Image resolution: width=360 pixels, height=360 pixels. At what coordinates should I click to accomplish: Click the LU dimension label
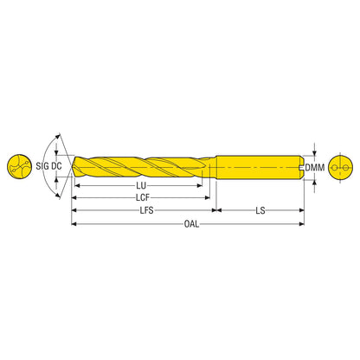(141, 185)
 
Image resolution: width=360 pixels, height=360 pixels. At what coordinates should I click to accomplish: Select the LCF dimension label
(143, 197)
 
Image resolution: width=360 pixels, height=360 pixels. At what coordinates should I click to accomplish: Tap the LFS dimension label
(146, 210)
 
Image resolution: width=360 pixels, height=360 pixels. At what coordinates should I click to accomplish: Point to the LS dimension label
(260, 210)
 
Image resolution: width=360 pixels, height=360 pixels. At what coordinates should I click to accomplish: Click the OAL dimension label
(191, 223)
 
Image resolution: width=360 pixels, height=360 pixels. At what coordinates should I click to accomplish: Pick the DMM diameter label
(315, 167)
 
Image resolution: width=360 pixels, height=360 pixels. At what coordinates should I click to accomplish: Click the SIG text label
(42, 166)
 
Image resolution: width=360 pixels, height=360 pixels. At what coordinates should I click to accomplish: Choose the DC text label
(56, 166)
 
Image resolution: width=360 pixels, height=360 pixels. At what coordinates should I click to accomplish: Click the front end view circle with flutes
(19, 166)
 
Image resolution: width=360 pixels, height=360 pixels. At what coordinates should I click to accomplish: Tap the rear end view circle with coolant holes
(341, 167)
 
